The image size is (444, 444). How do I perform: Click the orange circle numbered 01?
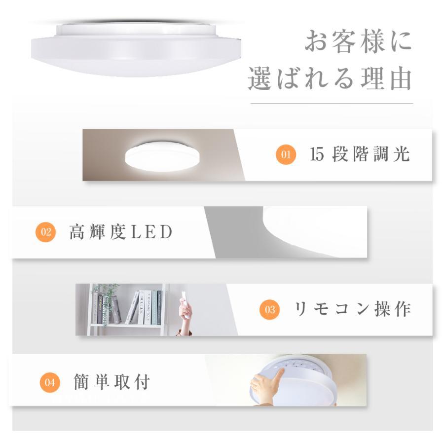tap(286, 155)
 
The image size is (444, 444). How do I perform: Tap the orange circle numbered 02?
tap(45, 232)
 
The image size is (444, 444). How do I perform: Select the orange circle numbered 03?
tap(270, 310)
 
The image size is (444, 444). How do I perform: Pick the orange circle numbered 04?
tap(49, 382)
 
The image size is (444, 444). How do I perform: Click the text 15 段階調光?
tap(360, 154)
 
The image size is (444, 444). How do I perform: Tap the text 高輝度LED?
tap(121, 232)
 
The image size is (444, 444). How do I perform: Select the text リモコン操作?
tap(352, 309)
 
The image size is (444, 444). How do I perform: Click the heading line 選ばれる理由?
tap(330, 79)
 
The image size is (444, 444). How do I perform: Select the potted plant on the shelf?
tap(106, 303)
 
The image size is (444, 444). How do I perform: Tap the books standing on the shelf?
tap(145, 307)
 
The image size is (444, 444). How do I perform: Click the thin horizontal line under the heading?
tap(332, 103)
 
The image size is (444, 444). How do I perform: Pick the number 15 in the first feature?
tap(317, 155)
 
